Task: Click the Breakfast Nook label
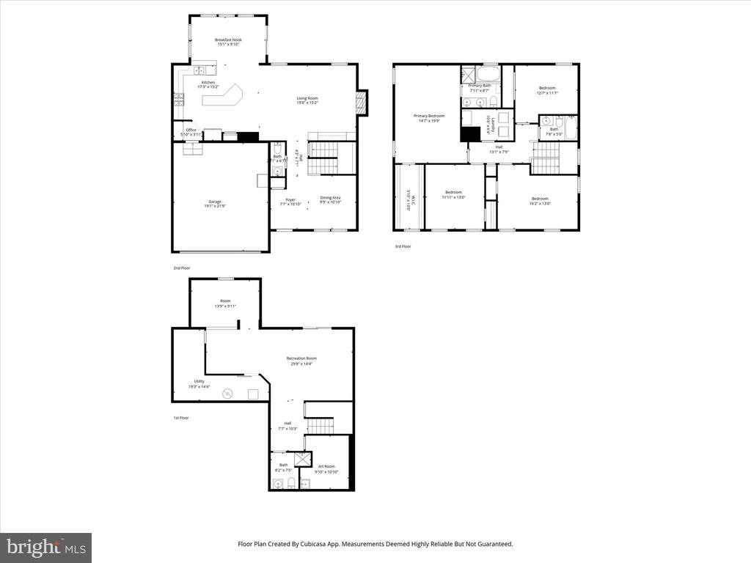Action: pos(228,42)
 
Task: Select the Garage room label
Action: pos(215,205)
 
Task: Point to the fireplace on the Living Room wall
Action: pos(361,103)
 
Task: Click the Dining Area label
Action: pos(330,199)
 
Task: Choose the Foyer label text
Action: pos(291,199)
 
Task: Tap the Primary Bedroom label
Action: pos(429,117)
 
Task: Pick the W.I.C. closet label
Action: pos(408,200)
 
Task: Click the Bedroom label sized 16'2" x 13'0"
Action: pos(540,200)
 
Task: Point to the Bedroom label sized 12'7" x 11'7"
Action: pos(547,90)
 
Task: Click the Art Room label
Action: pos(326,468)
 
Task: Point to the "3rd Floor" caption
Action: pos(403,246)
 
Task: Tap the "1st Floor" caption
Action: pos(180,418)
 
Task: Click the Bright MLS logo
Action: pos(45,547)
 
